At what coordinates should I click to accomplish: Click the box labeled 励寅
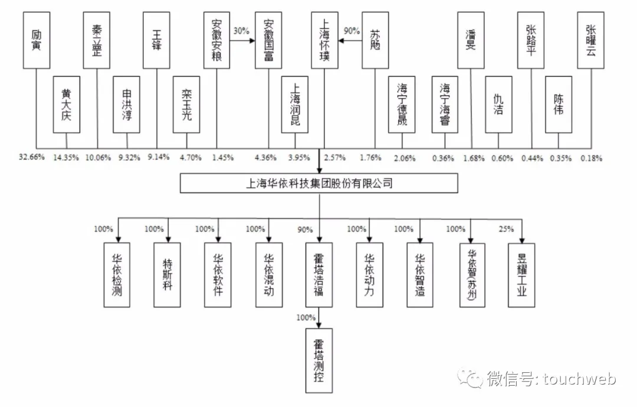[x=36, y=40]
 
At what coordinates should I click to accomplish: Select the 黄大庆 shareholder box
[x=66, y=104]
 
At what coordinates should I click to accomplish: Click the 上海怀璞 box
[x=324, y=40]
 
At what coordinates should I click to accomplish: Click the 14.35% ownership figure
[x=65, y=157]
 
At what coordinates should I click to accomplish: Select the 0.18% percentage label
[x=592, y=157]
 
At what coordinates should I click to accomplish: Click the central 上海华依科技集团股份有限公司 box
[x=319, y=183]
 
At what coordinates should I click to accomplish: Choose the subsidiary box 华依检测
[x=117, y=275]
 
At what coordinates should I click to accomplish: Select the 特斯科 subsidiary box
[x=167, y=275]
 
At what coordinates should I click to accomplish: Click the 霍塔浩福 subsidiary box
[x=319, y=275]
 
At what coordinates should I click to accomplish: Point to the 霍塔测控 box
[x=319, y=360]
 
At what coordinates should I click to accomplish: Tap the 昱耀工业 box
[x=521, y=275]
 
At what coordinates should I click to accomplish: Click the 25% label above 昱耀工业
[x=506, y=229]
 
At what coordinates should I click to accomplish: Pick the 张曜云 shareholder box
[x=591, y=40]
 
